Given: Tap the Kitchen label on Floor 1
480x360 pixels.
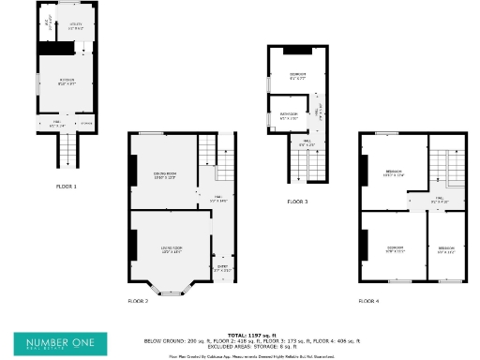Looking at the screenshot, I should click(x=67, y=82).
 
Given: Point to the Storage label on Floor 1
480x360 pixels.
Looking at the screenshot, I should click(x=86, y=123).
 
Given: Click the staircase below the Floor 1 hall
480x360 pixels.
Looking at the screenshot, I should click(x=67, y=148).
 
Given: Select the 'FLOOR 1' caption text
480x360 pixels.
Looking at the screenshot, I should click(x=67, y=187).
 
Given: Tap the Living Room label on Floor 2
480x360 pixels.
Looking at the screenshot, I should click(x=171, y=249).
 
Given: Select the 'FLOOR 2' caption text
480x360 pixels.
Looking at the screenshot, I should click(x=138, y=302).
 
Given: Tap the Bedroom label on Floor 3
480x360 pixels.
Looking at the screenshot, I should click(x=298, y=75).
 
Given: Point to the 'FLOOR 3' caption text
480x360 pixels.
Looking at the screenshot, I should click(x=297, y=202).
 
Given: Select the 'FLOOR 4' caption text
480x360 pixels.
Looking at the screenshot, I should click(x=368, y=302).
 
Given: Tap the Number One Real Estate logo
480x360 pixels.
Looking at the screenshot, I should click(x=60, y=343).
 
